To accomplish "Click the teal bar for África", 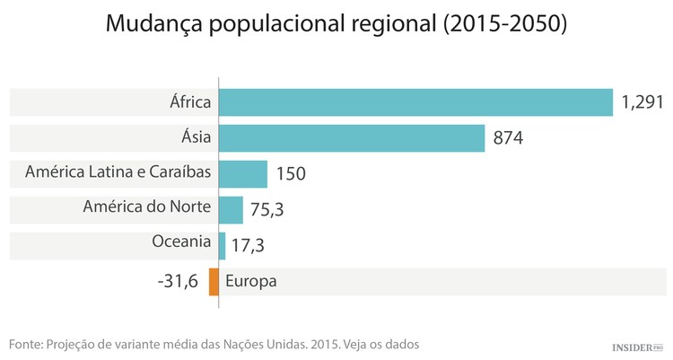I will [415, 102].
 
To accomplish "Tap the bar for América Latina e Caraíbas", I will [242, 173].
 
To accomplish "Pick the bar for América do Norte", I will [231, 208].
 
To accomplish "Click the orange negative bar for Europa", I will [214, 281].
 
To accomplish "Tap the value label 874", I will [508, 139].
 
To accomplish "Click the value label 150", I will [292, 174].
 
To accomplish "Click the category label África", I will [189, 101].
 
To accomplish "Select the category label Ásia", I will [196, 136].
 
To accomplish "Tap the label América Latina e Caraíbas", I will [118, 171].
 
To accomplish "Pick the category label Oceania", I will [182, 241].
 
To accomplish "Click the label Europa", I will [250, 281].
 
